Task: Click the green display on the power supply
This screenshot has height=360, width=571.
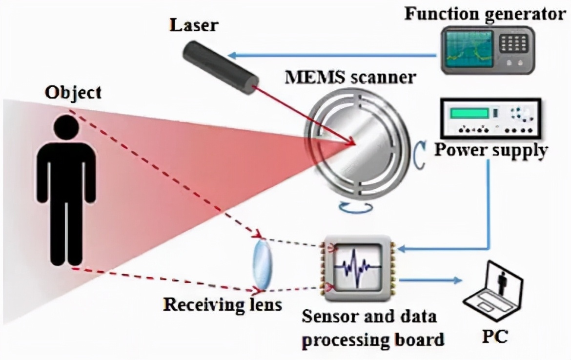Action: click(x=469, y=114)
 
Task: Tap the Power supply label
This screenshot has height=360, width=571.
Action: click(x=490, y=150)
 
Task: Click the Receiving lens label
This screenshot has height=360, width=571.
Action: click(x=223, y=305)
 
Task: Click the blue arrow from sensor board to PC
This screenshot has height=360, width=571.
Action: click(x=429, y=280)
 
